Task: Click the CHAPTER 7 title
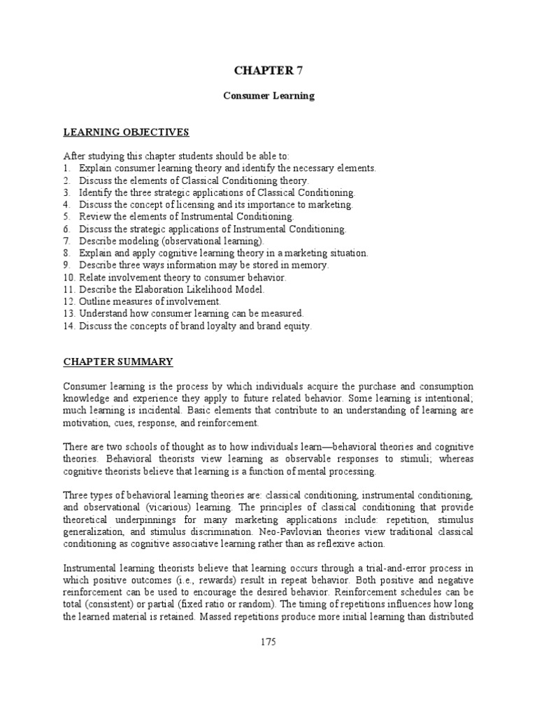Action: [268, 70]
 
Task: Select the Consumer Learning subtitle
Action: [268, 96]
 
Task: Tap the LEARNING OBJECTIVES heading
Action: [127, 132]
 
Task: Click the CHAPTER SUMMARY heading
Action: [118, 361]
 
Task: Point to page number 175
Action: [268, 643]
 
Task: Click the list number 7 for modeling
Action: [67, 241]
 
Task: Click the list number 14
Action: [69, 325]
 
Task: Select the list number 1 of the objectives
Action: [67, 168]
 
